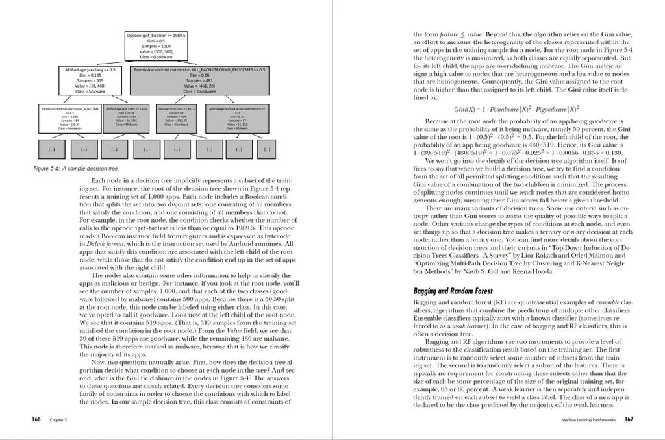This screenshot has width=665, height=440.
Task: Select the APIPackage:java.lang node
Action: [90, 80]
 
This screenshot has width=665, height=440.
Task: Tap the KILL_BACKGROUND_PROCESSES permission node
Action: [199, 80]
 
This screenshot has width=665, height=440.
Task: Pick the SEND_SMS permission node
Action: [70, 118]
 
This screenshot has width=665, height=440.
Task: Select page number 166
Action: [36, 421]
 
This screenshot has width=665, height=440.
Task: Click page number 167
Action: [629, 421]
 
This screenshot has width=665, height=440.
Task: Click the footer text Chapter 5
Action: [59, 421]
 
